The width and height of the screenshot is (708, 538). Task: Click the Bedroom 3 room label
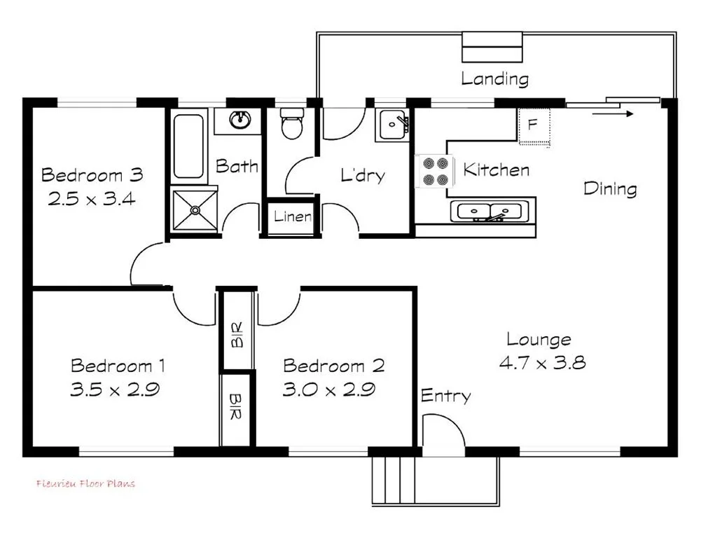92,174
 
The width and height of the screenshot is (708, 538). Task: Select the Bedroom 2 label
333,366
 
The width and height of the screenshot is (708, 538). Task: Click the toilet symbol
290,124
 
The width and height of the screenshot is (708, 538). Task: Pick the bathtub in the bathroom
188,146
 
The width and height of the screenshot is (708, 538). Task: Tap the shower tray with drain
195,209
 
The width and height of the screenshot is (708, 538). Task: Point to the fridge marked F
533,126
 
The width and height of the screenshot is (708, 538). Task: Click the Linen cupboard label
292,216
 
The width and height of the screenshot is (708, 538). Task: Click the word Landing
494,78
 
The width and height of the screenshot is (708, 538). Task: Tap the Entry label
445,396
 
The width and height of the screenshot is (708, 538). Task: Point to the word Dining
610,188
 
